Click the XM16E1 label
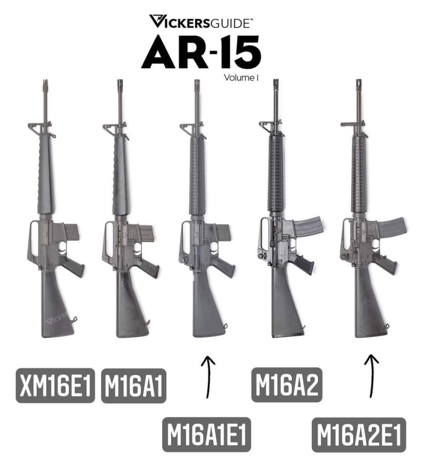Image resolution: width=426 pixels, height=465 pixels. pos(55,385)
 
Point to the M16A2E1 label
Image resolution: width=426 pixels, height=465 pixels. pos(359,435)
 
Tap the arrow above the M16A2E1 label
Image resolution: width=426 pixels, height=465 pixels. pos(372,375)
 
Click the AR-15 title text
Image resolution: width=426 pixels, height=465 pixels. pos(201,52)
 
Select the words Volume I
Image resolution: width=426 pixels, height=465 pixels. pos(241,78)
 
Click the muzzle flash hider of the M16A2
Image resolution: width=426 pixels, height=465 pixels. pos(276,84)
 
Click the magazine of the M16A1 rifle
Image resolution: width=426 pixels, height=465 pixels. pos(146,232)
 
